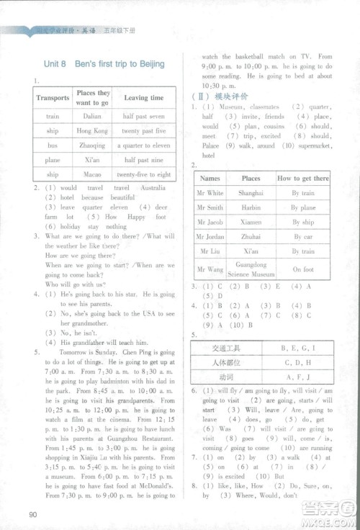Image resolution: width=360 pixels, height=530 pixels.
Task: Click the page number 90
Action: click(32, 513)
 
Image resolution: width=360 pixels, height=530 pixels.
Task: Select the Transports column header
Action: click(53, 98)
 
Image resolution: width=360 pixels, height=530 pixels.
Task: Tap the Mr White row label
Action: click(211, 193)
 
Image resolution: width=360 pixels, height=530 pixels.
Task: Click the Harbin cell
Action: click(251, 207)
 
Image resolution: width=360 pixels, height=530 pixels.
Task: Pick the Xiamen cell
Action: click(251, 223)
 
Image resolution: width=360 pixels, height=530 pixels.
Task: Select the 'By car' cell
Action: click(302, 237)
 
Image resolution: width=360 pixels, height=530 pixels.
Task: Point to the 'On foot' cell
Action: click(302, 270)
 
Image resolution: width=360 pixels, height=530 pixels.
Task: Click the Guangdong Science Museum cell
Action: click(251, 270)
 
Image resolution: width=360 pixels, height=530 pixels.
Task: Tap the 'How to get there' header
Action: click(302, 179)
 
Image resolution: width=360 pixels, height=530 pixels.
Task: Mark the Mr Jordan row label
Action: click(211, 237)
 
